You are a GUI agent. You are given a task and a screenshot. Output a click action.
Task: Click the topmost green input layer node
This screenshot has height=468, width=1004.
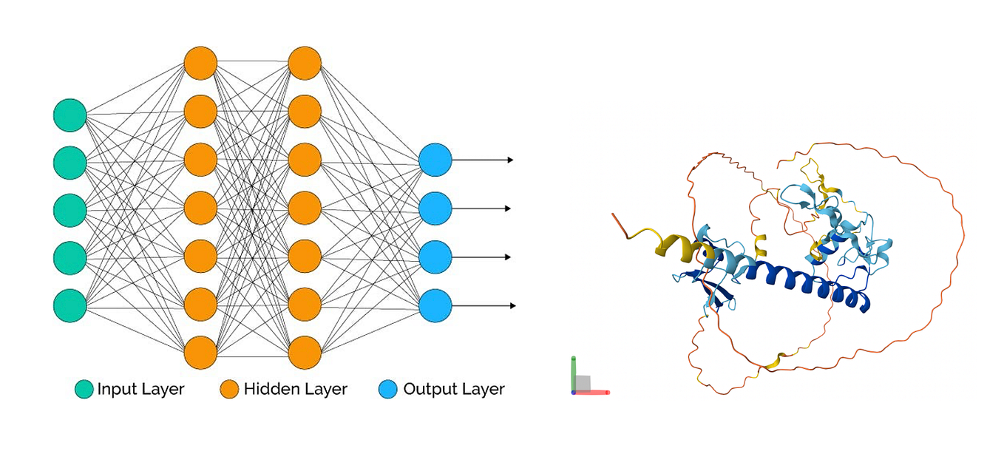pos(70,115)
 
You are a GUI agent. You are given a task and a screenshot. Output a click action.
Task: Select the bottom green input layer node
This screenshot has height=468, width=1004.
pos(70,305)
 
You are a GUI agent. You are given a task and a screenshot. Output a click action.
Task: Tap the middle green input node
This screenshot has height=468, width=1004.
pos(70,210)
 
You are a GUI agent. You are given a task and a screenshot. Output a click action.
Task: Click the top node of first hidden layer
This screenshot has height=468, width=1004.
pos(200,63)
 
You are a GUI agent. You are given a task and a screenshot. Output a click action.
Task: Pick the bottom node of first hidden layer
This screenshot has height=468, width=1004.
pos(200,352)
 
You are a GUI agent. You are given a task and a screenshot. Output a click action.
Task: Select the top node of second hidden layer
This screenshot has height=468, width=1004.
pos(305,63)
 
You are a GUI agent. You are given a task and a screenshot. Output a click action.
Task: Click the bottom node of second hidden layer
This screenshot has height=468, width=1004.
pos(305,352)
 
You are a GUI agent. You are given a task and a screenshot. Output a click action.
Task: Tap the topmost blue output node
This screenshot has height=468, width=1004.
pos(435,160)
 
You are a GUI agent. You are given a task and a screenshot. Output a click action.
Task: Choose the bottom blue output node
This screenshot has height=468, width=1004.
pos(435,305)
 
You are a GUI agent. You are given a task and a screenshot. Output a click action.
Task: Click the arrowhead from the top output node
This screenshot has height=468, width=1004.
pos(509,160)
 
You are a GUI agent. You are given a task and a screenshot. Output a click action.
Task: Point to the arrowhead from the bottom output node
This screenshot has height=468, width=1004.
pos(512,305)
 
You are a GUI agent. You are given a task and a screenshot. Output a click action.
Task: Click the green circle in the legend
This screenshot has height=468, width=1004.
pos(84,389)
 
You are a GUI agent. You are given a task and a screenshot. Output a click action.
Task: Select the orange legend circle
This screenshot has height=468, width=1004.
pos(231,389)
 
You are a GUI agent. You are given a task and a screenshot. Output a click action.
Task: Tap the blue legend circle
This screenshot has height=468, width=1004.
pos(388,389)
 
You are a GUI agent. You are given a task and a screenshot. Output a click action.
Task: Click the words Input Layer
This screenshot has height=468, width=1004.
pos(140,389)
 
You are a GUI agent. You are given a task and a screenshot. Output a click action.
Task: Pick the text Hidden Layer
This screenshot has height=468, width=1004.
pos(295,389)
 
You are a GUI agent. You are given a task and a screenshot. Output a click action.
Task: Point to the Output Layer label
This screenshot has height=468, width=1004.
pos(453,389)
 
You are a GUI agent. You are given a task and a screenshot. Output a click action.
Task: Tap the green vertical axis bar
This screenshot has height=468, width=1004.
pos(574,373)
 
